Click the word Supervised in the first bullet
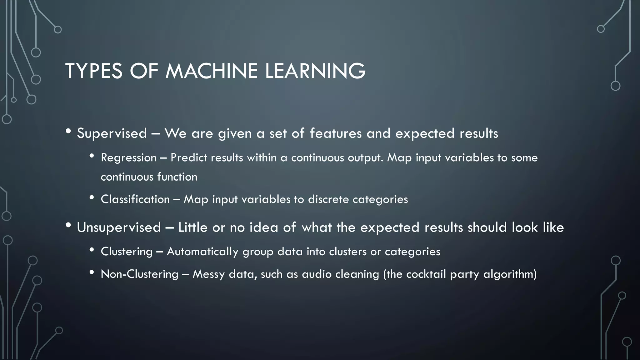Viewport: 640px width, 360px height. pos(112,133)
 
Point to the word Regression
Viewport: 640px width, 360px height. pos(128,157)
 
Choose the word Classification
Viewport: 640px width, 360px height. pos(135,199)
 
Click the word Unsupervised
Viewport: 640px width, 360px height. pos(119,227)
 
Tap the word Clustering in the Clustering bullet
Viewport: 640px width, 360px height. pos(127,251)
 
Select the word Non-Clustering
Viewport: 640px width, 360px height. pos(139,274)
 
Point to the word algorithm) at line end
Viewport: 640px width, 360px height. pos(510,274)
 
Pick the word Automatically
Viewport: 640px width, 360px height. pos(202,251)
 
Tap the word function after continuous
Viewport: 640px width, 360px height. pos(177,177)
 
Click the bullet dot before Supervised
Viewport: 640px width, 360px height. pos(68,132)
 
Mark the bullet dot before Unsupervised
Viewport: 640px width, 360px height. pos(68,225)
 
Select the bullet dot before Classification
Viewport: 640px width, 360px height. pos(92,197)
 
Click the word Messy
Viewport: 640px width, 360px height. pos(208,274)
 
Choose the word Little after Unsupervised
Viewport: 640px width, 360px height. pos(192,227)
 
